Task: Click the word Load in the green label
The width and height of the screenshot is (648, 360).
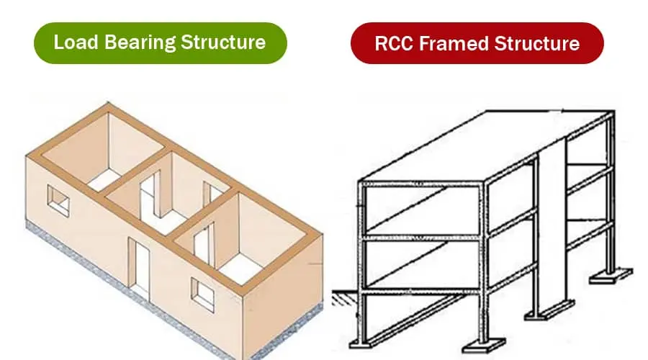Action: pyautogui.click(x=74, y=41)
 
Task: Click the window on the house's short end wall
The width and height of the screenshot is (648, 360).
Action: pyautogui.click(x=58, y=199)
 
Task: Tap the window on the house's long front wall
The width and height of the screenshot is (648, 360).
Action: pyautogui.click(x=203, y=293)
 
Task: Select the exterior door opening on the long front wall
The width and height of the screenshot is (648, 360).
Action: pyautogui.click(x=139, y=263)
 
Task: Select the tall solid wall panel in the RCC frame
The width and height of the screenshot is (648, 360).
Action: pyautogui.click(x=551, y=216)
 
